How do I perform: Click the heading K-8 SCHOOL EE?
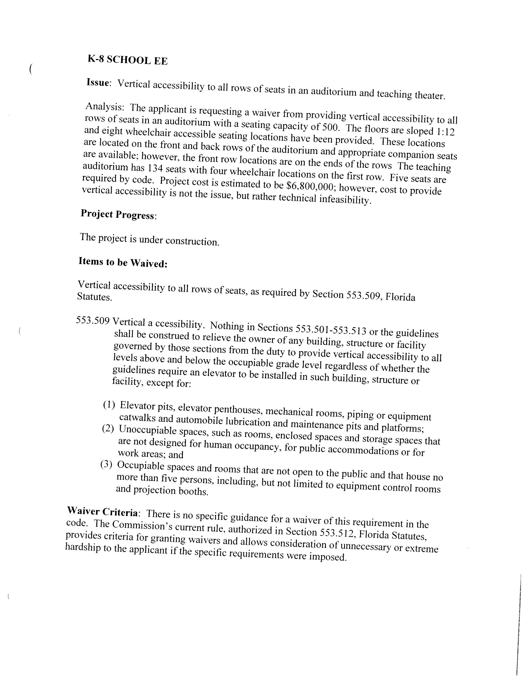pyautogui.click(x=128, y=59)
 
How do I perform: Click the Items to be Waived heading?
pyautogui.click(x=123, y=262)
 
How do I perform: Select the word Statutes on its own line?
pyautogui.click(x=94, y=296)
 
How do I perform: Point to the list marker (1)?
pyautogui.click(x=109, y=405)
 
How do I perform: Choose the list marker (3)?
pyautogui.click(x=106, y=464)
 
